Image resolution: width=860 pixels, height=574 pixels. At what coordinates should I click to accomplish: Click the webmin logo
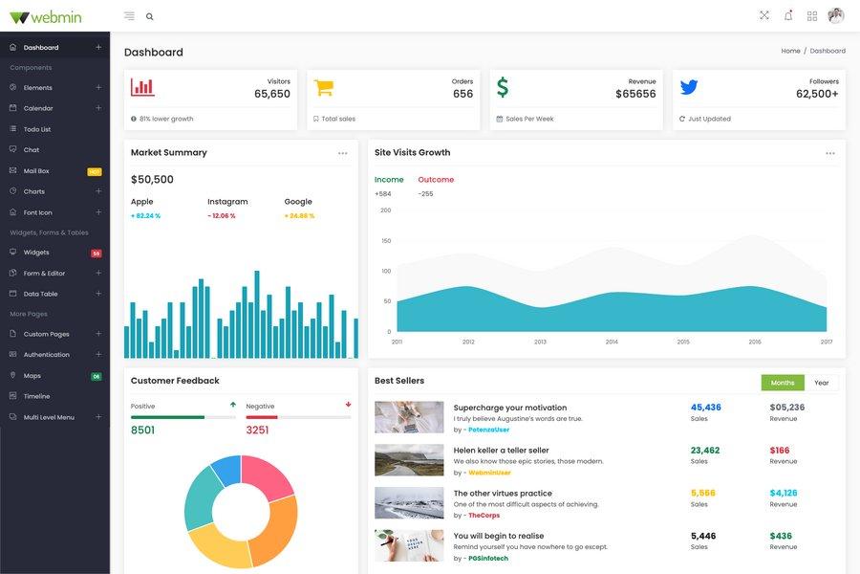pos(46,16)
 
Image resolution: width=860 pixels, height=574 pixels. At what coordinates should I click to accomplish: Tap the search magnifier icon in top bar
pos(150,16)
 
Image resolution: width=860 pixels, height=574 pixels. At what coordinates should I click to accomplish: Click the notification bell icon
pos(788,15)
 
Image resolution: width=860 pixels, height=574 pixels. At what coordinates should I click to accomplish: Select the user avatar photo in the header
pos(836,15)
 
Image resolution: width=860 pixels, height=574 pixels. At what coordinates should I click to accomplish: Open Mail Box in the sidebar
pos(36,170)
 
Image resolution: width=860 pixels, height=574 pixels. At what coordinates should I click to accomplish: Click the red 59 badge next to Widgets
pos(96,253)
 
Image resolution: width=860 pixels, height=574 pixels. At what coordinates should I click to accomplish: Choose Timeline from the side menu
pos(36,396)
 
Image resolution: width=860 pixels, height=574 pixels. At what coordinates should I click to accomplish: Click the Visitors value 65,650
pos(272,94)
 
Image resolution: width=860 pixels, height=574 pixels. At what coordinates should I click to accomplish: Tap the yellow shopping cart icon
pos(324,87)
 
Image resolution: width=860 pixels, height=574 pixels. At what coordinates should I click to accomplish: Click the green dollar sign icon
pos(503,87)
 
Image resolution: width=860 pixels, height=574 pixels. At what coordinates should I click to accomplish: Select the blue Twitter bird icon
pos(689,87)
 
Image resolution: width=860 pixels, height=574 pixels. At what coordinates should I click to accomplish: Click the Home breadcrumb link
pos(790,51)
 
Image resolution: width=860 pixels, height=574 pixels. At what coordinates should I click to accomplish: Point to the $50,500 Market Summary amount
pos(152,179)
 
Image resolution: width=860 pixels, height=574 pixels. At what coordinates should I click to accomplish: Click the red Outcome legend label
pos(436,179)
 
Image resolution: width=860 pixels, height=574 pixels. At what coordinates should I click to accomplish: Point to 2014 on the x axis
pos(612,342)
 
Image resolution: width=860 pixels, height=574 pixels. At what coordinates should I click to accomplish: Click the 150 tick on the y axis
pos(386,240)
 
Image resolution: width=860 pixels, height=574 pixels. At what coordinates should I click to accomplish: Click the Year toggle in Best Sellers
pos(822,383)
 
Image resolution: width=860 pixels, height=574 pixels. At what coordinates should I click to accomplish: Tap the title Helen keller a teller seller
pos(501,450)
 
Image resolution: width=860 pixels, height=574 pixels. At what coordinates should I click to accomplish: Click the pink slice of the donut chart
pos(269,477)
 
